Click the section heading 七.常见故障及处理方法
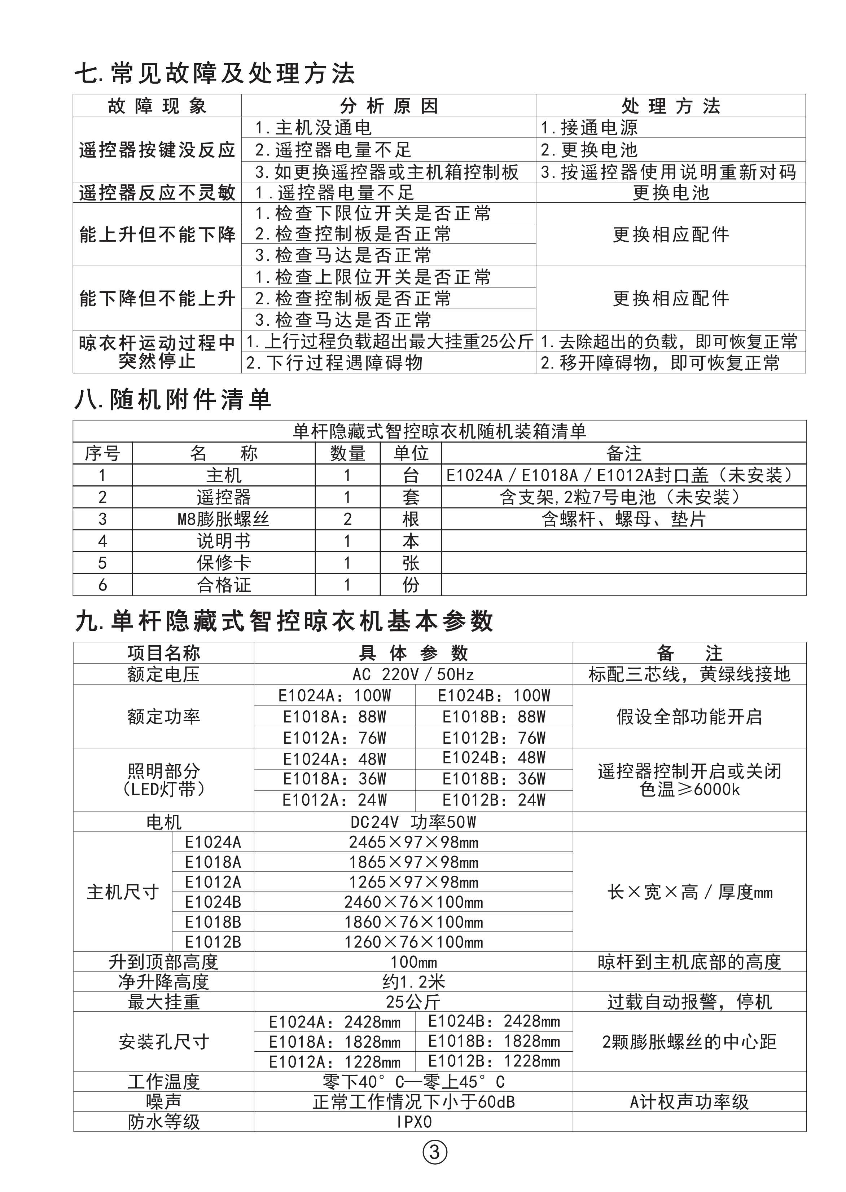pyautogui.click(x=214, y=74)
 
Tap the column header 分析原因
pyautogui.click(x=388, y=106)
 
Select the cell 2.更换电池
pyautogui.click(x=589, y=150)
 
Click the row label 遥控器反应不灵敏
pyautogui.click(x=157, y=193)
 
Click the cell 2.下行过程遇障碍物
pyautogui.click(x=334, y=363)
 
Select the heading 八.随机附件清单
pyautogui.click(x=172, y=400)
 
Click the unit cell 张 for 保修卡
pyautogui.click(x=411, y=563)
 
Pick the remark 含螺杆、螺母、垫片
pyautogui.click(x=623, y=519)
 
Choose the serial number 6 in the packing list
pyautogui.click(x=102, y=585)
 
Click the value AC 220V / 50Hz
pyautogui.click(x=413, y=674)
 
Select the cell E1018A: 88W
pyautogui.click(x=334, y=717)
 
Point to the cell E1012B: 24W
pyautogui.click(x=494, y=800)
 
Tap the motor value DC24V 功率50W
pyautogui.click(x=413, y=822)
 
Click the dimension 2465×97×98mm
pyautogui.click(x=413, y=842)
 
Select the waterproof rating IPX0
pyautogui.click(x=413, y=1121)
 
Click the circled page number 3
pyautogui.click(x=434, y=1152)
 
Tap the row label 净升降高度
pyautogui.click(x=163, y=982)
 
